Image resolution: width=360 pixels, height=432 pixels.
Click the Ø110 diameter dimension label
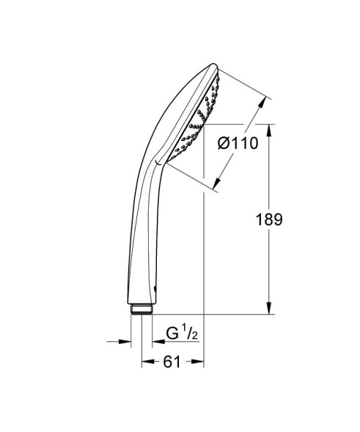click(x=238, y=143)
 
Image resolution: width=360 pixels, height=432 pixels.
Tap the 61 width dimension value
click(x=173, y=361)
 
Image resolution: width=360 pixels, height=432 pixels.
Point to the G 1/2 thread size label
click(x=181, y=334)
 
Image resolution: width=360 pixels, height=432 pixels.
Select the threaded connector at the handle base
click(x=142, y=310)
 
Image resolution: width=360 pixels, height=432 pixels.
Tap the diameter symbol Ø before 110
click(x=224, y=144)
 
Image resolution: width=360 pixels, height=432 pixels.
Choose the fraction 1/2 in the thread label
click(x=190, y=334)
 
